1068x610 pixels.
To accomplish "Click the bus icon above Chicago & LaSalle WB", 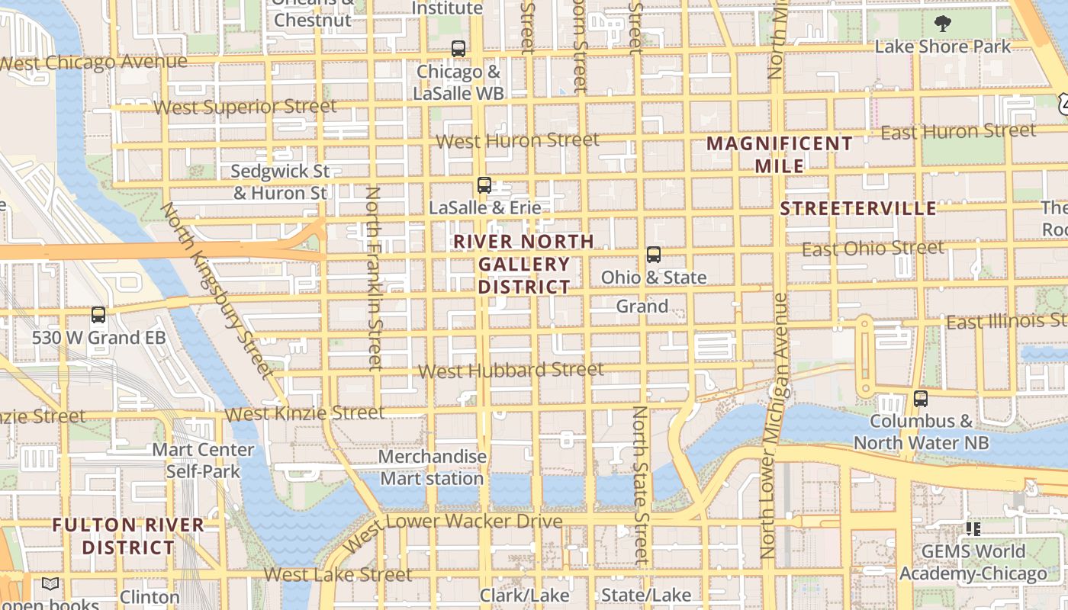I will point(458,49).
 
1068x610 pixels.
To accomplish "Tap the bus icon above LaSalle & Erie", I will point(484,185).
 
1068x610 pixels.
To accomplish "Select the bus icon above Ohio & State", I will point(654,255).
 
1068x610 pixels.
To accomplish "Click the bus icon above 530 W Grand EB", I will point(98,315).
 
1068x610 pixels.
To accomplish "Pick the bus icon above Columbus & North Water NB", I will point(921,399).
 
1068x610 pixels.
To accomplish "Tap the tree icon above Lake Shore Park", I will point(943,24).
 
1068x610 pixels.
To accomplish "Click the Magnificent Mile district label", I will point(779,155).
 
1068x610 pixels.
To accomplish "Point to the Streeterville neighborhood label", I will point(858,209).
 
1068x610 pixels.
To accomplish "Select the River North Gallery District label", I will point(523,265).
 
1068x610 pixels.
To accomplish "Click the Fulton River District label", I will point(128,536).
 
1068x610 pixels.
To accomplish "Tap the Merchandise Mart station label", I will point(433,467).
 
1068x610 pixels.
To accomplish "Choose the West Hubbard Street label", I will point(511,371).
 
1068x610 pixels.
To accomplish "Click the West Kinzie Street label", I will point(304,413).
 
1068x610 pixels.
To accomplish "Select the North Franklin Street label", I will point(374,278).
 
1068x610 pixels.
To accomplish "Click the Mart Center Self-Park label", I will point(203,461).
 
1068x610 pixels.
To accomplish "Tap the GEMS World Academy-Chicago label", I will point(973,563).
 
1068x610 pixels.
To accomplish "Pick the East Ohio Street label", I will point(873,249).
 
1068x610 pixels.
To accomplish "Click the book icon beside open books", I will point(50,584).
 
